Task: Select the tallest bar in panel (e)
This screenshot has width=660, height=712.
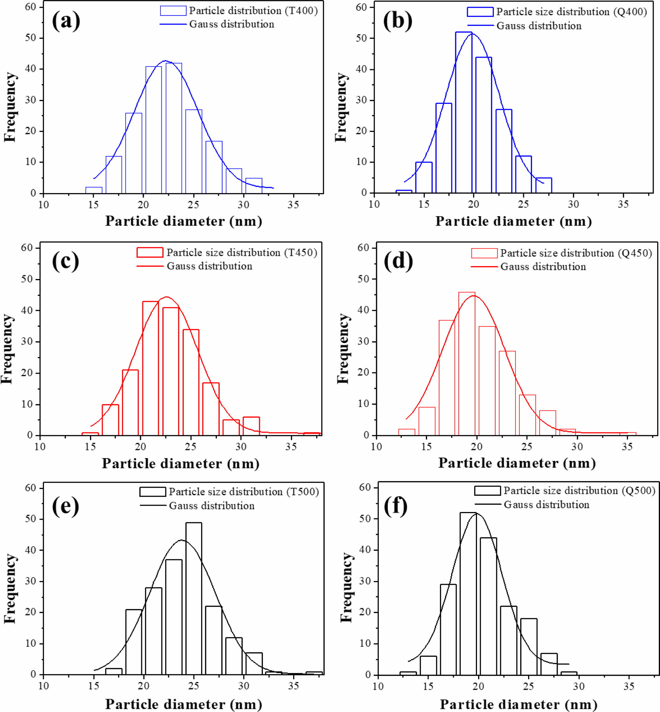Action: (x=194, y=598)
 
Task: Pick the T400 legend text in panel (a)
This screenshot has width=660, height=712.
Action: (x=253, y=11)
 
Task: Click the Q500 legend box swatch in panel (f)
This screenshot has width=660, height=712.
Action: (x=487, y=490)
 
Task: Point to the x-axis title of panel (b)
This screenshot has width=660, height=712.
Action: (x=514, y=222)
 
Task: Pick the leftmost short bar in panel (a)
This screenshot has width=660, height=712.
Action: (x=94, y=190)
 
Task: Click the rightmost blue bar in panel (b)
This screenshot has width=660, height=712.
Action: (x=543, y=185)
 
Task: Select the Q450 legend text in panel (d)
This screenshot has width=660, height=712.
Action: (x=576, y=253)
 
